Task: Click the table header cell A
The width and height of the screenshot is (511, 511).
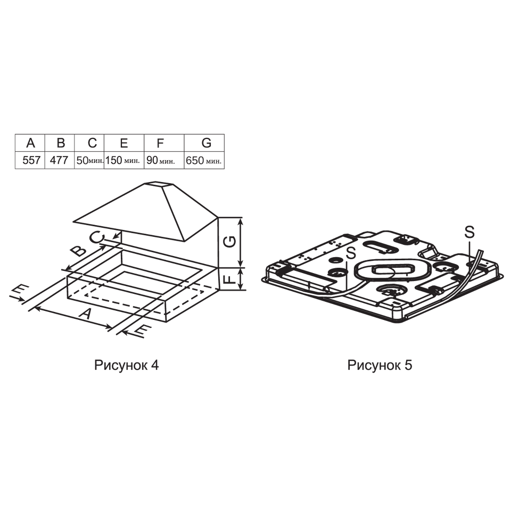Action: pyautogui.click(x=30, y=143)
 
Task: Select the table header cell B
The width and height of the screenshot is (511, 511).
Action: pyautogui.click(x=60, y=143)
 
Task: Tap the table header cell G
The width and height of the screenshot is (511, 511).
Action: pyautogui.click(x=204, y=143)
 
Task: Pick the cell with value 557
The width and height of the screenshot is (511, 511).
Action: pyautogui.click(x=30, y=160)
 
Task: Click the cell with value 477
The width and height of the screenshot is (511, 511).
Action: pyautogui.click(x=60, y=160)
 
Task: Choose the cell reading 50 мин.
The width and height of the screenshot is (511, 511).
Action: pyautogui.click(x=89, y=160)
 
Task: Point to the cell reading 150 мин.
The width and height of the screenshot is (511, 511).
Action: pyautogui.click(x=124, y=160)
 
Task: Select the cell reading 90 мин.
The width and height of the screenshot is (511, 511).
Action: pyautogui.click(x=164, y=160)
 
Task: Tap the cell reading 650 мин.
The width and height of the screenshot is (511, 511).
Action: pyautogui.click(x=204, y=160)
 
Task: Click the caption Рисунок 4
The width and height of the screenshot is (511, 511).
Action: pyautogui.click(x=127, y=365)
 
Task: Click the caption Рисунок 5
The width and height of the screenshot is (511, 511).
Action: pyautogui.click(x=380, y=365)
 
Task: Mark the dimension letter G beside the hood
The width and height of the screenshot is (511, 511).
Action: pyautogui.click(x=230, y=242)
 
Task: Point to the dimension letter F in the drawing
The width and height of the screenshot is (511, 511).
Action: pyautogui.click(x=230, y=278)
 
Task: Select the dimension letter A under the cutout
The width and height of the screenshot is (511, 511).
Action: pyautogui.click(x=85, y=314)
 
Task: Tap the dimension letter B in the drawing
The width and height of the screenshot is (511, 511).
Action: pyautogui.click(x=79, y=251)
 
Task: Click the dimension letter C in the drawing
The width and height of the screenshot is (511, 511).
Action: pyautogui.click(x=97, y=237)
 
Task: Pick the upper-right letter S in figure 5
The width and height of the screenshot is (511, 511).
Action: pyautogui.click(x=469, y=232)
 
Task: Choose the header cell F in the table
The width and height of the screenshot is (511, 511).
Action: pyautogui.click(x=164, y=143)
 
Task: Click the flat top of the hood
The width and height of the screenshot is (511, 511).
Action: pyautogui.click(x=158, y=185)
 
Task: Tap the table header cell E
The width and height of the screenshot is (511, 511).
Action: pyautogui.click(x=124, y=143)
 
